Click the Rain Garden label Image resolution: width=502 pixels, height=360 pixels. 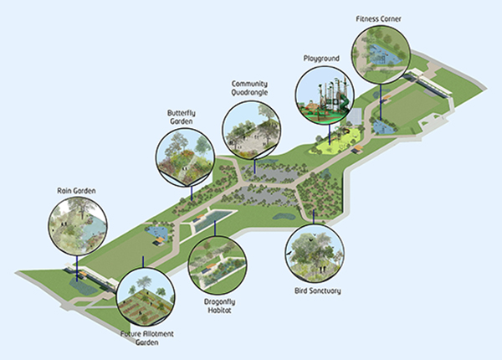(77, 191)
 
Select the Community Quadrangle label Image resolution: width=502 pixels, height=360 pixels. (251, 89)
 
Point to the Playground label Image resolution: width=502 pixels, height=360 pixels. (321, 59)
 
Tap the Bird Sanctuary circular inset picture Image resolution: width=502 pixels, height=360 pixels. (315, 253)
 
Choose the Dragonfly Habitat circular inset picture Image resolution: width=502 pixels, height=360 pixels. (218, 265)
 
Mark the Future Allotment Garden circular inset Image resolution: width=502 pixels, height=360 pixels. (145, 297)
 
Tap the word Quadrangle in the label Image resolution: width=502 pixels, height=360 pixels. (251, 94)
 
